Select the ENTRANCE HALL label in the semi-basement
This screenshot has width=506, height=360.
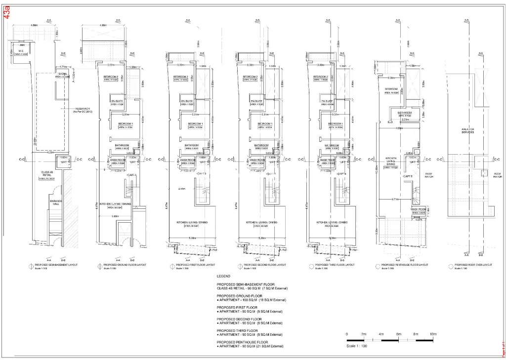pos(54,203)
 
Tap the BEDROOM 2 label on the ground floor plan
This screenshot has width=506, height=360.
pos(111,77)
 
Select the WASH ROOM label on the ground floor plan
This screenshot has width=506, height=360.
pos(117,160)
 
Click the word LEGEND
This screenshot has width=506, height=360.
pos(223,277)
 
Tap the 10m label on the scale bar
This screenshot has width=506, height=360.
pos(433,334)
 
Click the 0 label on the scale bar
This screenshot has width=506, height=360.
pos(347,334)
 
